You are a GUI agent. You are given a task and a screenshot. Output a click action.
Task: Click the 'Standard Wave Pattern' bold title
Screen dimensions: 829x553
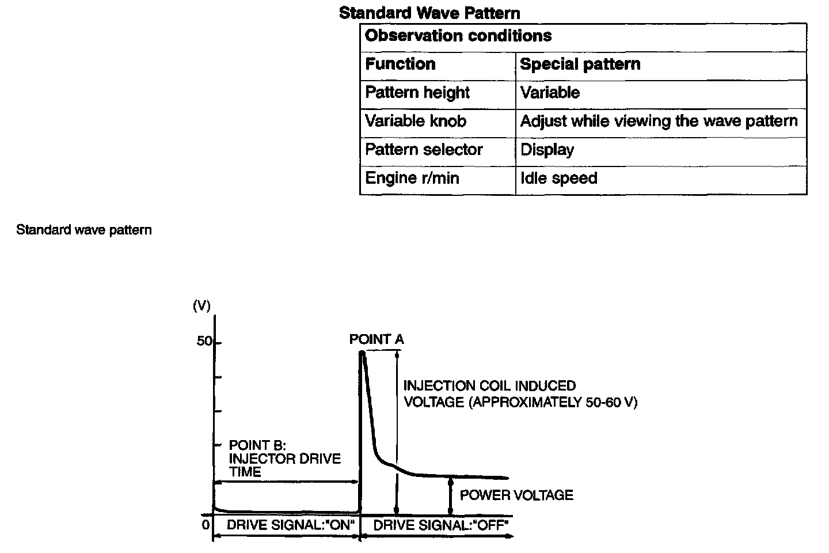(x=429, y=13)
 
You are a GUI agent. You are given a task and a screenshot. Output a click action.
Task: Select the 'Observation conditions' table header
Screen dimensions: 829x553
(x=458, y=36)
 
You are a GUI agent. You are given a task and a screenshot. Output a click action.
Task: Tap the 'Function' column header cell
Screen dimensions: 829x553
(x=400, y=64)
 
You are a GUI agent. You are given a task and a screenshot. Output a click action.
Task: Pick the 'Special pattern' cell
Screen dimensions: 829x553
(x=580, y=64)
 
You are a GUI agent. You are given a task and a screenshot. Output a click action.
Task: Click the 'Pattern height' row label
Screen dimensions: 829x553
(x=417, y=92)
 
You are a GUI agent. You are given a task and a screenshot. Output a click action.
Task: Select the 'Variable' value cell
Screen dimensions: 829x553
(x=550, y=92)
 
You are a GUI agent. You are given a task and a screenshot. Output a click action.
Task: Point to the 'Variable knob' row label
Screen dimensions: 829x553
(x=416, y=121)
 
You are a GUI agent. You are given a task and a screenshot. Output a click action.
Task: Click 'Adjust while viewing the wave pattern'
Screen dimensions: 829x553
(x=659, y=121)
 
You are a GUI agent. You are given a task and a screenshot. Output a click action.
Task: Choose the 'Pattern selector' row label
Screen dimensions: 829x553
(x=424, y=150)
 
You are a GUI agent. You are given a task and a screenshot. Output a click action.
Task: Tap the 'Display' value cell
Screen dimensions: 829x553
(x=547, y=150)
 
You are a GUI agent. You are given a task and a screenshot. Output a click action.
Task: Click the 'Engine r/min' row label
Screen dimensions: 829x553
(x=412, y=178)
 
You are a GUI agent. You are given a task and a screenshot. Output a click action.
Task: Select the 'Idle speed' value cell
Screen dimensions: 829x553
(x=558, y=178)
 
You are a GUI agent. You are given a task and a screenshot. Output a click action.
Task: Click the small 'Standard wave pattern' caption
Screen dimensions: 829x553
(x=84, y=230)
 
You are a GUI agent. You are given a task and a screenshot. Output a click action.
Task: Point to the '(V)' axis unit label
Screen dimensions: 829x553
(x=201, y=306)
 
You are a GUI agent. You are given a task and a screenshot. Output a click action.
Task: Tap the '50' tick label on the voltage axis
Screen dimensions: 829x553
(x=204, y=341)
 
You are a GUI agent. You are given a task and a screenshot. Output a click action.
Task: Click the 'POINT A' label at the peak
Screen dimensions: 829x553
(x=377, y=339)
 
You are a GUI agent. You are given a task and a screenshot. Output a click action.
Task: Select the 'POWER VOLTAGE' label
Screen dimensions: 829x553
(x=516, y=495)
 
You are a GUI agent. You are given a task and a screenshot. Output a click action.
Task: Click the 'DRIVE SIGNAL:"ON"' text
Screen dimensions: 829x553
(x=290, y=525)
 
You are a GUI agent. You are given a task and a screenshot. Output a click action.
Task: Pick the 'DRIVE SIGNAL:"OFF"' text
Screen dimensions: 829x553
(x=441, y=525)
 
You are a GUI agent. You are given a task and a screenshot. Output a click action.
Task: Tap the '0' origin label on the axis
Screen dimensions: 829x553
(x=206, y=525)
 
